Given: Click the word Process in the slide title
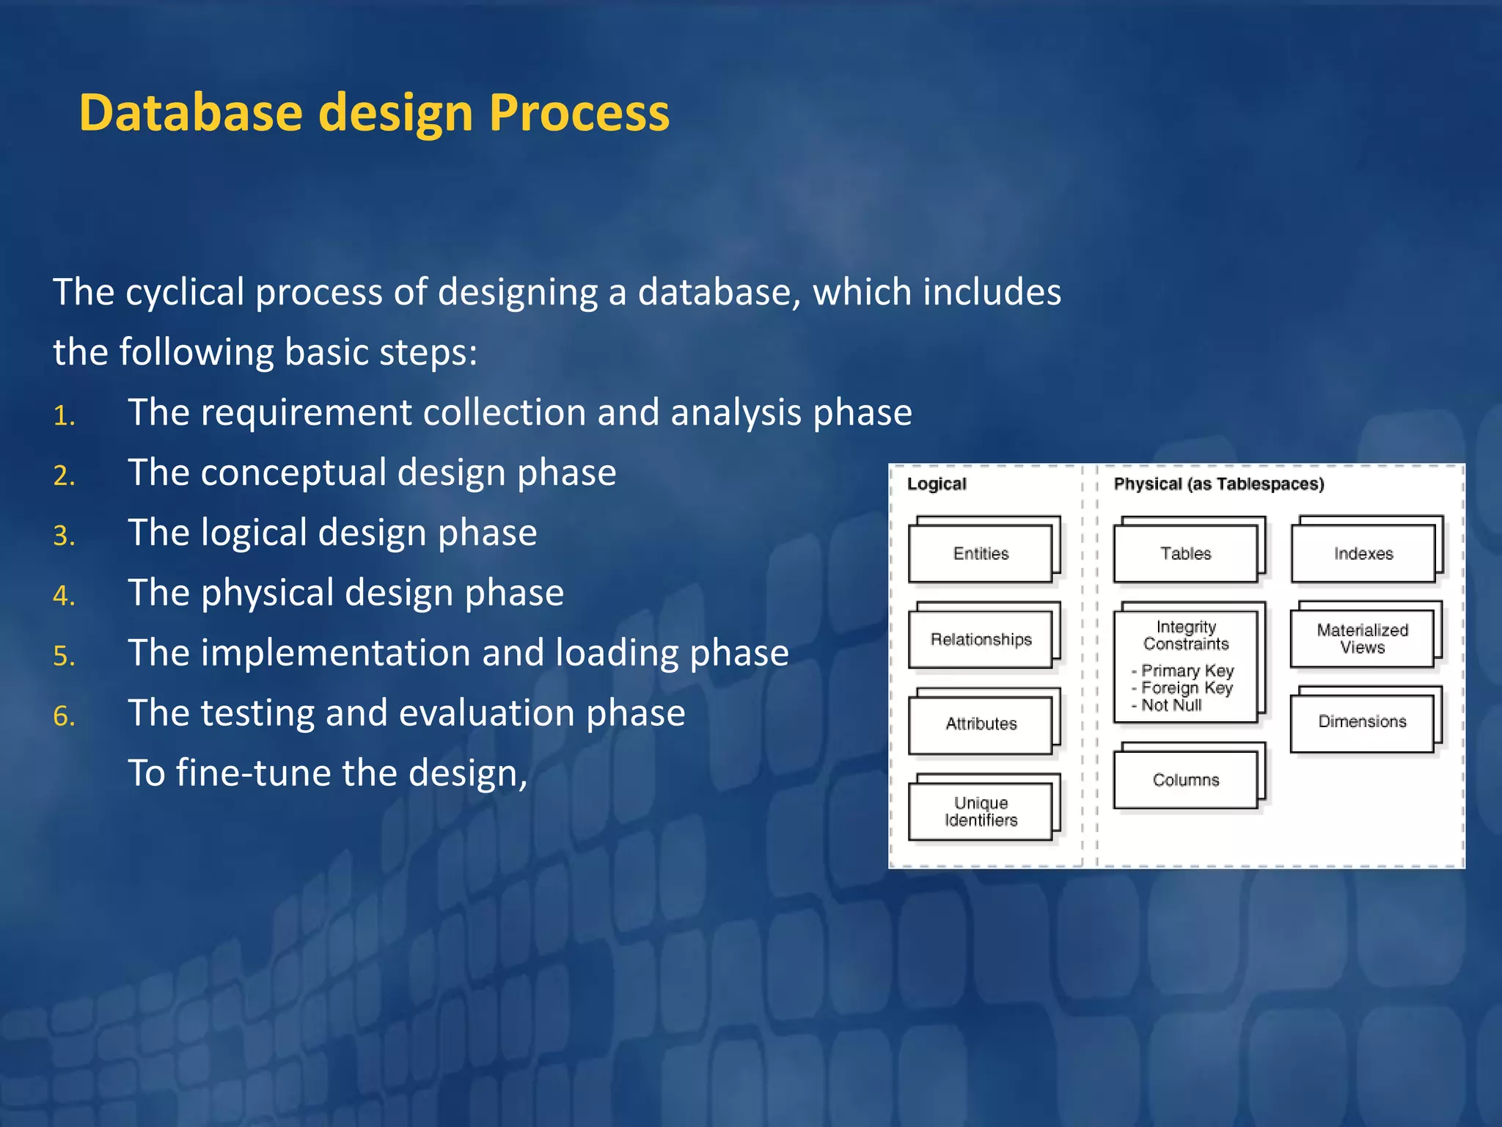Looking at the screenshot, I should (x=579, y=113).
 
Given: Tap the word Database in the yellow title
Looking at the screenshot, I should (x=190, y=113).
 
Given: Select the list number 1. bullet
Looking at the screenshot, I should (x=65, y=416).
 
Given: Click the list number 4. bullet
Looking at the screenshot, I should (x=65, y=596).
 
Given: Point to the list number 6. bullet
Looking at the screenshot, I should (x=65, y=716).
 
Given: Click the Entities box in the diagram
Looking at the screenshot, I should (x=981, y=554).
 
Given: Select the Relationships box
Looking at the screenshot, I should (x=981, y=640).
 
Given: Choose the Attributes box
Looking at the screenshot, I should (x=981, y=724).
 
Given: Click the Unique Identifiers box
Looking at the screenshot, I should (x=981, y=811).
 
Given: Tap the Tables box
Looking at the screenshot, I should (x=1185, y=554).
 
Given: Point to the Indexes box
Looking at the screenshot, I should (x=1363, y=554).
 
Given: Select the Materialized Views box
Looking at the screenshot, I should (x=1362, y=639).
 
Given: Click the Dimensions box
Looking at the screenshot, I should (x=1362, y=722).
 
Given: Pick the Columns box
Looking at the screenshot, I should (x=1185, y=780).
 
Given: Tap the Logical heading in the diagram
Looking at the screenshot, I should (x=937, y=484).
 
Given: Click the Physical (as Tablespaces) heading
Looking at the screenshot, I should (x=1218, y=484).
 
